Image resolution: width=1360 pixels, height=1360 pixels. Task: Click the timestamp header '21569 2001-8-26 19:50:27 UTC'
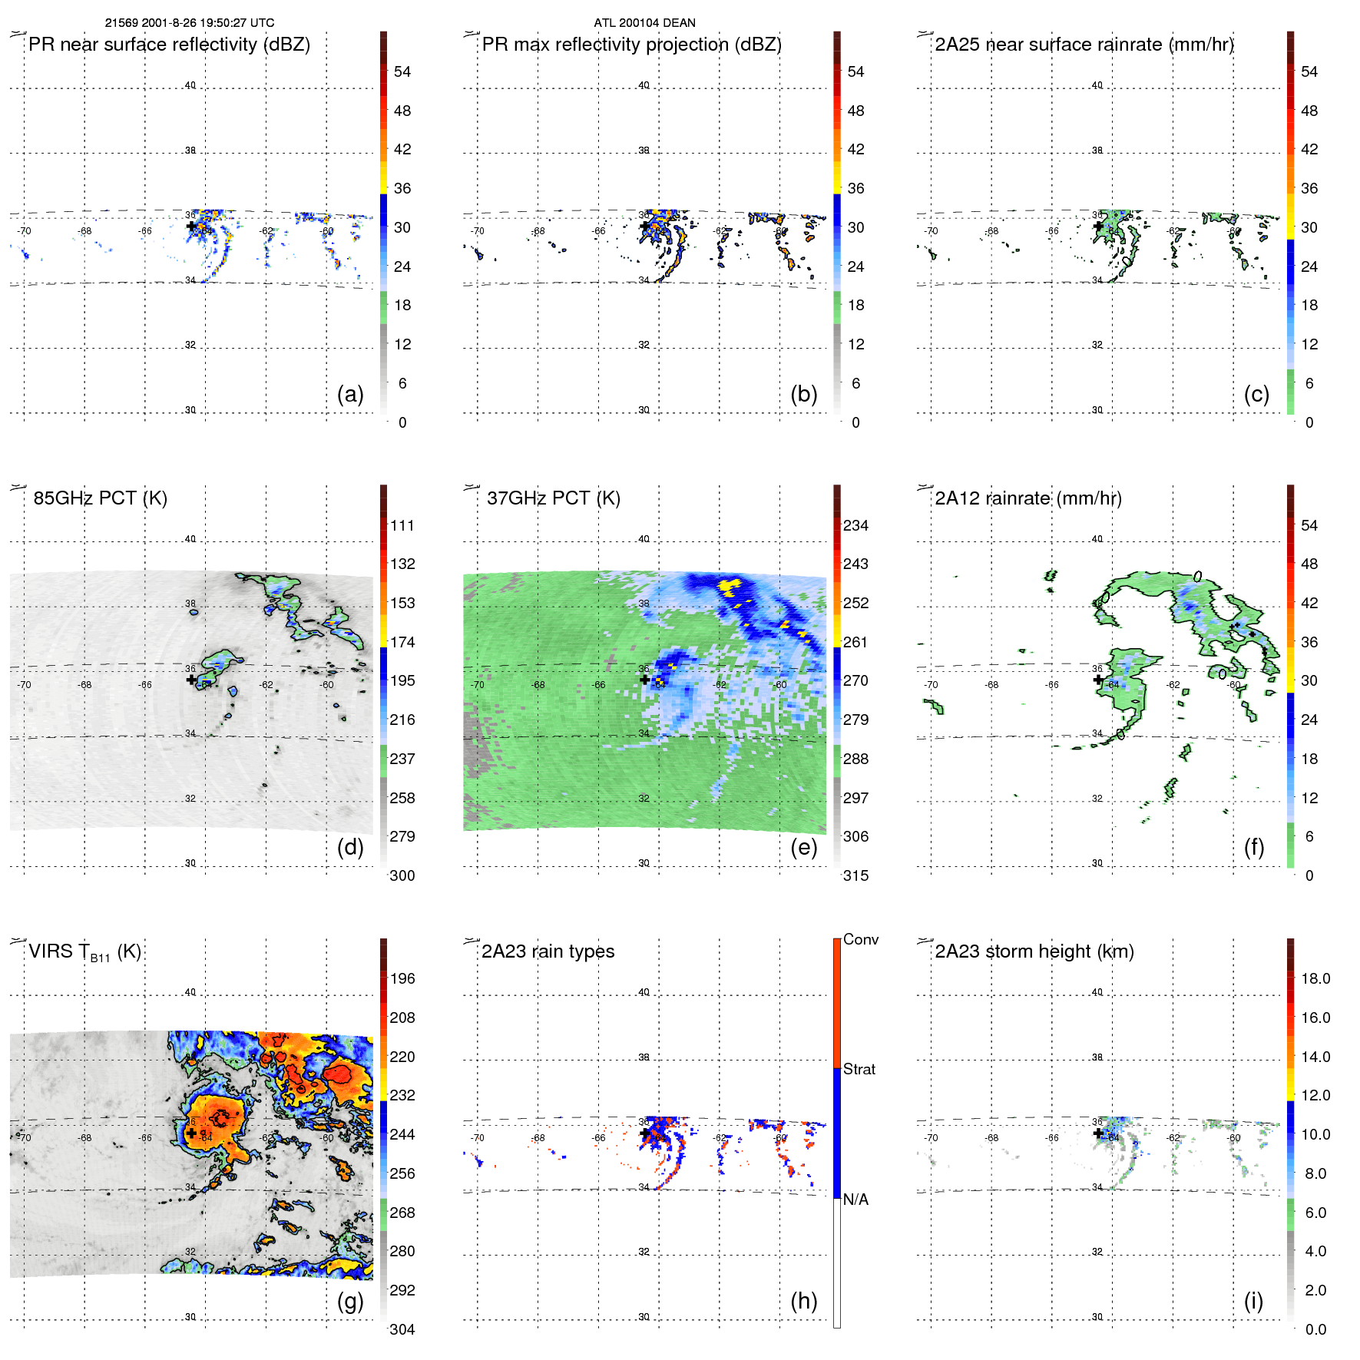(x=189, y=23)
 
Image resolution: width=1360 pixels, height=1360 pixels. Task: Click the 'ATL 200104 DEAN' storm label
(x=644, y=23)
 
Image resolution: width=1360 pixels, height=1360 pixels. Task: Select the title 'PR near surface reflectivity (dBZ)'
(x=169, y=45)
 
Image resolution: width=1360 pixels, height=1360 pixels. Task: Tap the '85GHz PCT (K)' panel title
(x=100, y=498)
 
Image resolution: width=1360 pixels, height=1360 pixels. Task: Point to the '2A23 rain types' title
(x=548, y=951)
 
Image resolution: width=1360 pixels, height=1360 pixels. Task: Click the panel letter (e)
(x=803, y=847)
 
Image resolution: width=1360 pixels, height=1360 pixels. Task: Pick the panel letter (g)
(x=350, y=1301)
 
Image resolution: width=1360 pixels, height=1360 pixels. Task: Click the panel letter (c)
(x=1256, y=394)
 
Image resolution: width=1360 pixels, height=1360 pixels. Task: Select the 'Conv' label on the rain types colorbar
(x=860, y=939)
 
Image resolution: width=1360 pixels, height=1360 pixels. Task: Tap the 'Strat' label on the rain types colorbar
(x=859, y=1069)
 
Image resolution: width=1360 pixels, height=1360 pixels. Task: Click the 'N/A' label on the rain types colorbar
(x=855, y=1200)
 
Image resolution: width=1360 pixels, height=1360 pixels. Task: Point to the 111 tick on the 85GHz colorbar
(x=402, y=525)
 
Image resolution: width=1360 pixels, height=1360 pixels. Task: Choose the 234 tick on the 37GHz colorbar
(x=855, y=525)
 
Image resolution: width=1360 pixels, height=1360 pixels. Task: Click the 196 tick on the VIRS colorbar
(x=402, y=978)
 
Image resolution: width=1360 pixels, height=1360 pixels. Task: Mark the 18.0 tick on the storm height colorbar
(x=1315, y=978)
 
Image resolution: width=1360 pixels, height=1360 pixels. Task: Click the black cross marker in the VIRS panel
(x=191, y=1133)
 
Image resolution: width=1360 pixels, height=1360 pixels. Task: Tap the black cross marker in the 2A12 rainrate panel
(x=1098, y=680)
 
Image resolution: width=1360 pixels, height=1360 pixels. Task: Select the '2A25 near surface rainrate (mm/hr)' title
(x=1084, y=45)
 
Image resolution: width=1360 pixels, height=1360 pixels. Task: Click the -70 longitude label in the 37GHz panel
(x=478, y=684)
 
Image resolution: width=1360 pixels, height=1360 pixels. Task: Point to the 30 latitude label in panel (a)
(x=190, y=410)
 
